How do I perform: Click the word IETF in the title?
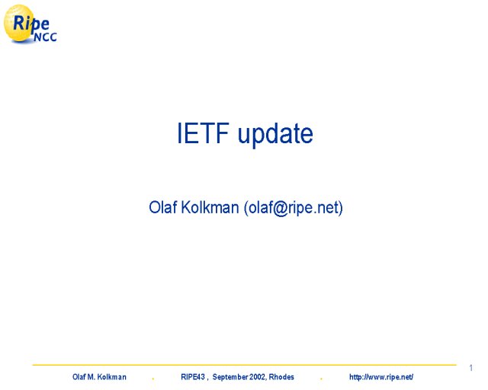click(x=204, y=133)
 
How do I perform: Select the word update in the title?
click(x=275, y=135)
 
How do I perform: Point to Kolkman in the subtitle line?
click(x=210, y=207)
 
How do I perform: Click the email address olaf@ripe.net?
click(x=294, y=208)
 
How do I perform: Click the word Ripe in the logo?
click(x=30, y=24)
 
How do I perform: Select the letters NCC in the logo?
click(x=46, y=37)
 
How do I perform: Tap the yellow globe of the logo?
click(x=19, y=24)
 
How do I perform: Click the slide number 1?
click(x=471, y=368)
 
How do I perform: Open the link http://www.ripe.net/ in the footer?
click(x=381, y=377)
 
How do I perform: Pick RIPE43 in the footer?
click(x=193, y=377)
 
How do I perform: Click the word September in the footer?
click(x=230, y=377)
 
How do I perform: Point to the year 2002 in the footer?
click(x=257, y=377)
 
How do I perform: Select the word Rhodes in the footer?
click(x=281, y=377)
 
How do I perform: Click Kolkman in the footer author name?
click(x=112, y=377)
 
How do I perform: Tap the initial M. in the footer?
click(x=91, y=377)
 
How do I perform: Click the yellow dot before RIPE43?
click(x=152, y=379)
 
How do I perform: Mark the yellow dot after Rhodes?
click(x=321, y=379)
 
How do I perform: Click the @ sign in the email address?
click(x=281, y=208)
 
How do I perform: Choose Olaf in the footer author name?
click(x=79, y=377)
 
